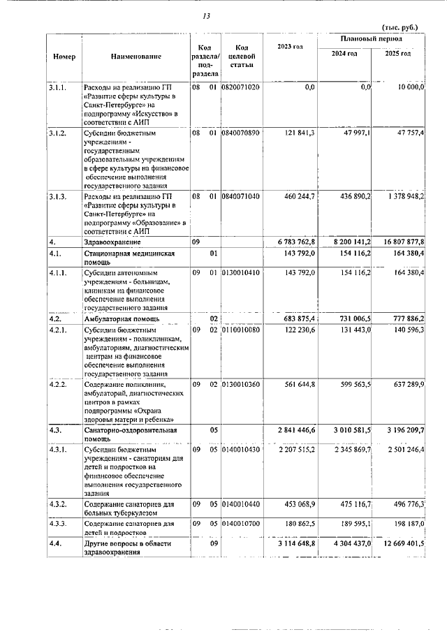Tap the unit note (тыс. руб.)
point(400,27)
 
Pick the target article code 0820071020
point(240,87)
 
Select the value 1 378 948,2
point(404,198)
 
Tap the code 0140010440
point(240,503)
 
